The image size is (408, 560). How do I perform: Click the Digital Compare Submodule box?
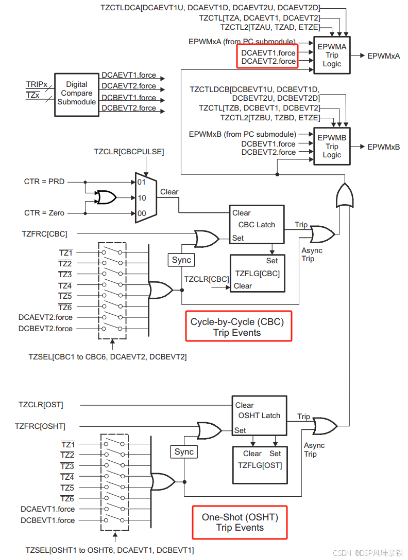coord(76,94)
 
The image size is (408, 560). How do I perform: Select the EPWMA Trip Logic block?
coord(332,56)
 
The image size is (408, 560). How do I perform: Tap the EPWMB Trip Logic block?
coord(332,147)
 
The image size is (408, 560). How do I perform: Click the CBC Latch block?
coord(257,225)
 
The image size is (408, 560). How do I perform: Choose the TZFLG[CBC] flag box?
coord(257,273)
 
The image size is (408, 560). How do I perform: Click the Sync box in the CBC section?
coord(181,260)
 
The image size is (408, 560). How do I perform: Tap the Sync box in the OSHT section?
coord(184,452)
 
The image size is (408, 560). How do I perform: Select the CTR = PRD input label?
coord(44,182)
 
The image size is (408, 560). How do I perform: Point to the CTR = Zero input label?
coord(45,213)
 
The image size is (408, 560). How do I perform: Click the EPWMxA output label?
coord(383,56)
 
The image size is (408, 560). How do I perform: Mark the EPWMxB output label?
coord(383,147)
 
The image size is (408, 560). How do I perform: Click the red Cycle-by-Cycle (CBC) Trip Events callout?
coord(239,326)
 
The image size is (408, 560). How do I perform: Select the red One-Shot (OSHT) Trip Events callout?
coord(240,522)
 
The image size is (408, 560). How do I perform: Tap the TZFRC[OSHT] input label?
coord(40,426)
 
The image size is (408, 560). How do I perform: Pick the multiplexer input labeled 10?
coord(142,197)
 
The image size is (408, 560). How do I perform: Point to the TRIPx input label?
coord(37,84)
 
